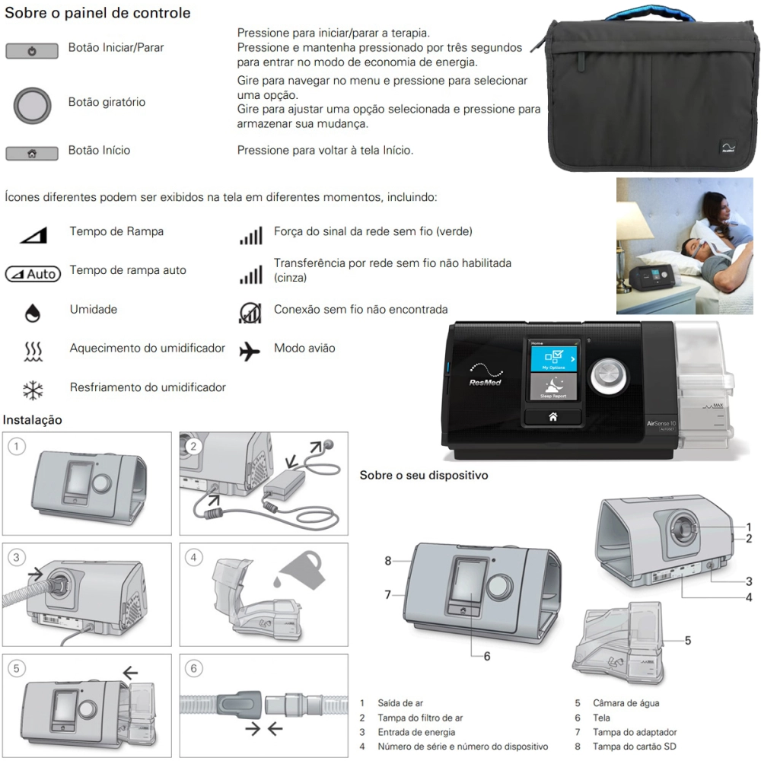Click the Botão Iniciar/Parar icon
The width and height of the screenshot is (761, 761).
(x=32, y=51)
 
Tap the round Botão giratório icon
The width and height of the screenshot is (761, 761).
(x=32, y=103)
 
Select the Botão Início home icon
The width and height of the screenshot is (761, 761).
(x=32, y=154)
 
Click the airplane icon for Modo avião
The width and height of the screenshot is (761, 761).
(x=250, y=351)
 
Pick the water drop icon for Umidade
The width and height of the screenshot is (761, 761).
(x=32, y=312)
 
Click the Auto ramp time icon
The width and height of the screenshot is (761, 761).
(x=32, y=273)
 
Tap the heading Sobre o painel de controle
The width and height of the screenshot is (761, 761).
(x=98, y=13)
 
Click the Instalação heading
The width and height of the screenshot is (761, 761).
(x=33, y=420)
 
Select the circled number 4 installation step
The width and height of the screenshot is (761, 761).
(x=194, y=557)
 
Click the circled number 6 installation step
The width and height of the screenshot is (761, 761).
(x=194, y=668)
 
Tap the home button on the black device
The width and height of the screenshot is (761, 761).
(x=552, y=416)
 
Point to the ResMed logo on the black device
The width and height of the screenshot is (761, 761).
(x=485, y=381)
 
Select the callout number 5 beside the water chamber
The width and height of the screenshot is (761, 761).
(x=688, y=641)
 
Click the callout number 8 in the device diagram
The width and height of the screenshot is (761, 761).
(x=388, y=561)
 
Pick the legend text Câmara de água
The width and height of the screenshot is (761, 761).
(x=627, y=703)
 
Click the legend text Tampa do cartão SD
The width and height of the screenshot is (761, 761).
(x=634, y=747)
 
